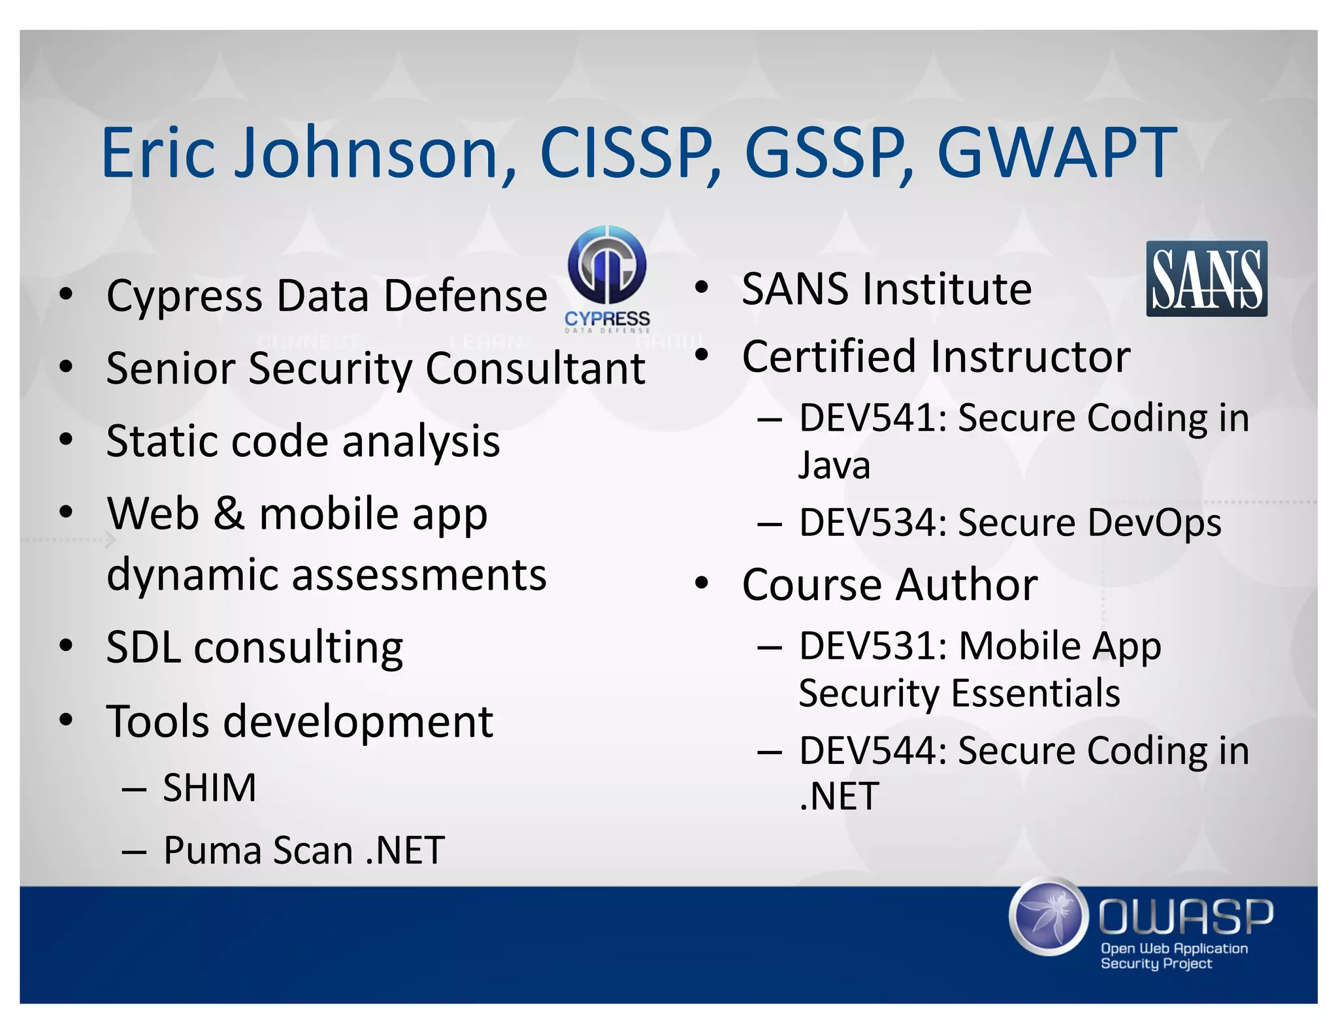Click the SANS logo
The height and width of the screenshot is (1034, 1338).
[1206, 279]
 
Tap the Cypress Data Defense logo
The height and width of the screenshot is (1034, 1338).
[607, 278]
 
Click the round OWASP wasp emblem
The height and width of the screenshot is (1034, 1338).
[1048, 917]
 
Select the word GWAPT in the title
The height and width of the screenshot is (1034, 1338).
[1056, 153]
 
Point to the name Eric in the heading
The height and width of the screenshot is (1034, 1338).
[158, 153]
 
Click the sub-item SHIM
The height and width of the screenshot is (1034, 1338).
[209, 788]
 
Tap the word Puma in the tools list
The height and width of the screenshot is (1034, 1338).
[211, 850]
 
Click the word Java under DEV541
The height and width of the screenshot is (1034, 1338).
[834, 465]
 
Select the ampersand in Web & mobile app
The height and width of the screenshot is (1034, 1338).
[229, 514]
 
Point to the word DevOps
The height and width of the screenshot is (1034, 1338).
[1154, 523]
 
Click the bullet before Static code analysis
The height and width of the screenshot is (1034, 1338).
[66, 440]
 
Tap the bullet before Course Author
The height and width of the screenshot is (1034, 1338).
[702, 583]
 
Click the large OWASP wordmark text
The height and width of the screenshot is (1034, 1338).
[1185, 917]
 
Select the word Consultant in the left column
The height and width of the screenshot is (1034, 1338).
[535, 369]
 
